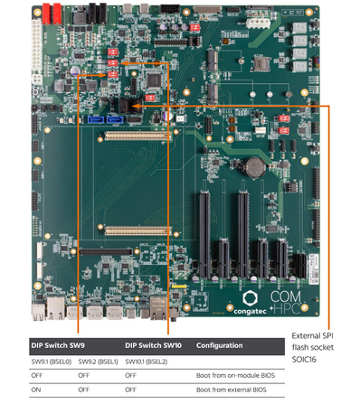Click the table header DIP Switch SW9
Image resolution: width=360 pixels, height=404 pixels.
[x=58, y=345]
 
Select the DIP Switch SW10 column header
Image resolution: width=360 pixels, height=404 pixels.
[x=153, y=345]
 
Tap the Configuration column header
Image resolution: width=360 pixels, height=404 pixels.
[x=221, y=345]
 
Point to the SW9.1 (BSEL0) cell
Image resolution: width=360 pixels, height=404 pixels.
[x=52, y=361]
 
